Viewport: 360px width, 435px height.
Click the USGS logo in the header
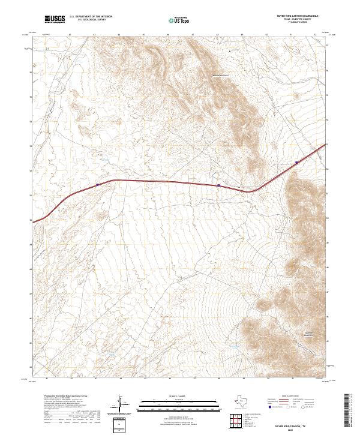coord(54,19)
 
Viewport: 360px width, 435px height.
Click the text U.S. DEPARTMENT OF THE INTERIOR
coord(91,17)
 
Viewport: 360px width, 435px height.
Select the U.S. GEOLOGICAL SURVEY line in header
coord(91,20)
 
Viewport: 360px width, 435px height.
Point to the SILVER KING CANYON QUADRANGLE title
coord(297,17)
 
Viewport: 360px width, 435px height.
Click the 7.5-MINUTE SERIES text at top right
coord(297,23)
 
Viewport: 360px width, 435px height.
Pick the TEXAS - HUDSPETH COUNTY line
coord(297,20)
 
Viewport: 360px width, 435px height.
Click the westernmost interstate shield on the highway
coord(97,185)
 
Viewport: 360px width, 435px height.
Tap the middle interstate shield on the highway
coord(219,185)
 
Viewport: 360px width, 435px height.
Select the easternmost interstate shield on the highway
coord(296,162)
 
